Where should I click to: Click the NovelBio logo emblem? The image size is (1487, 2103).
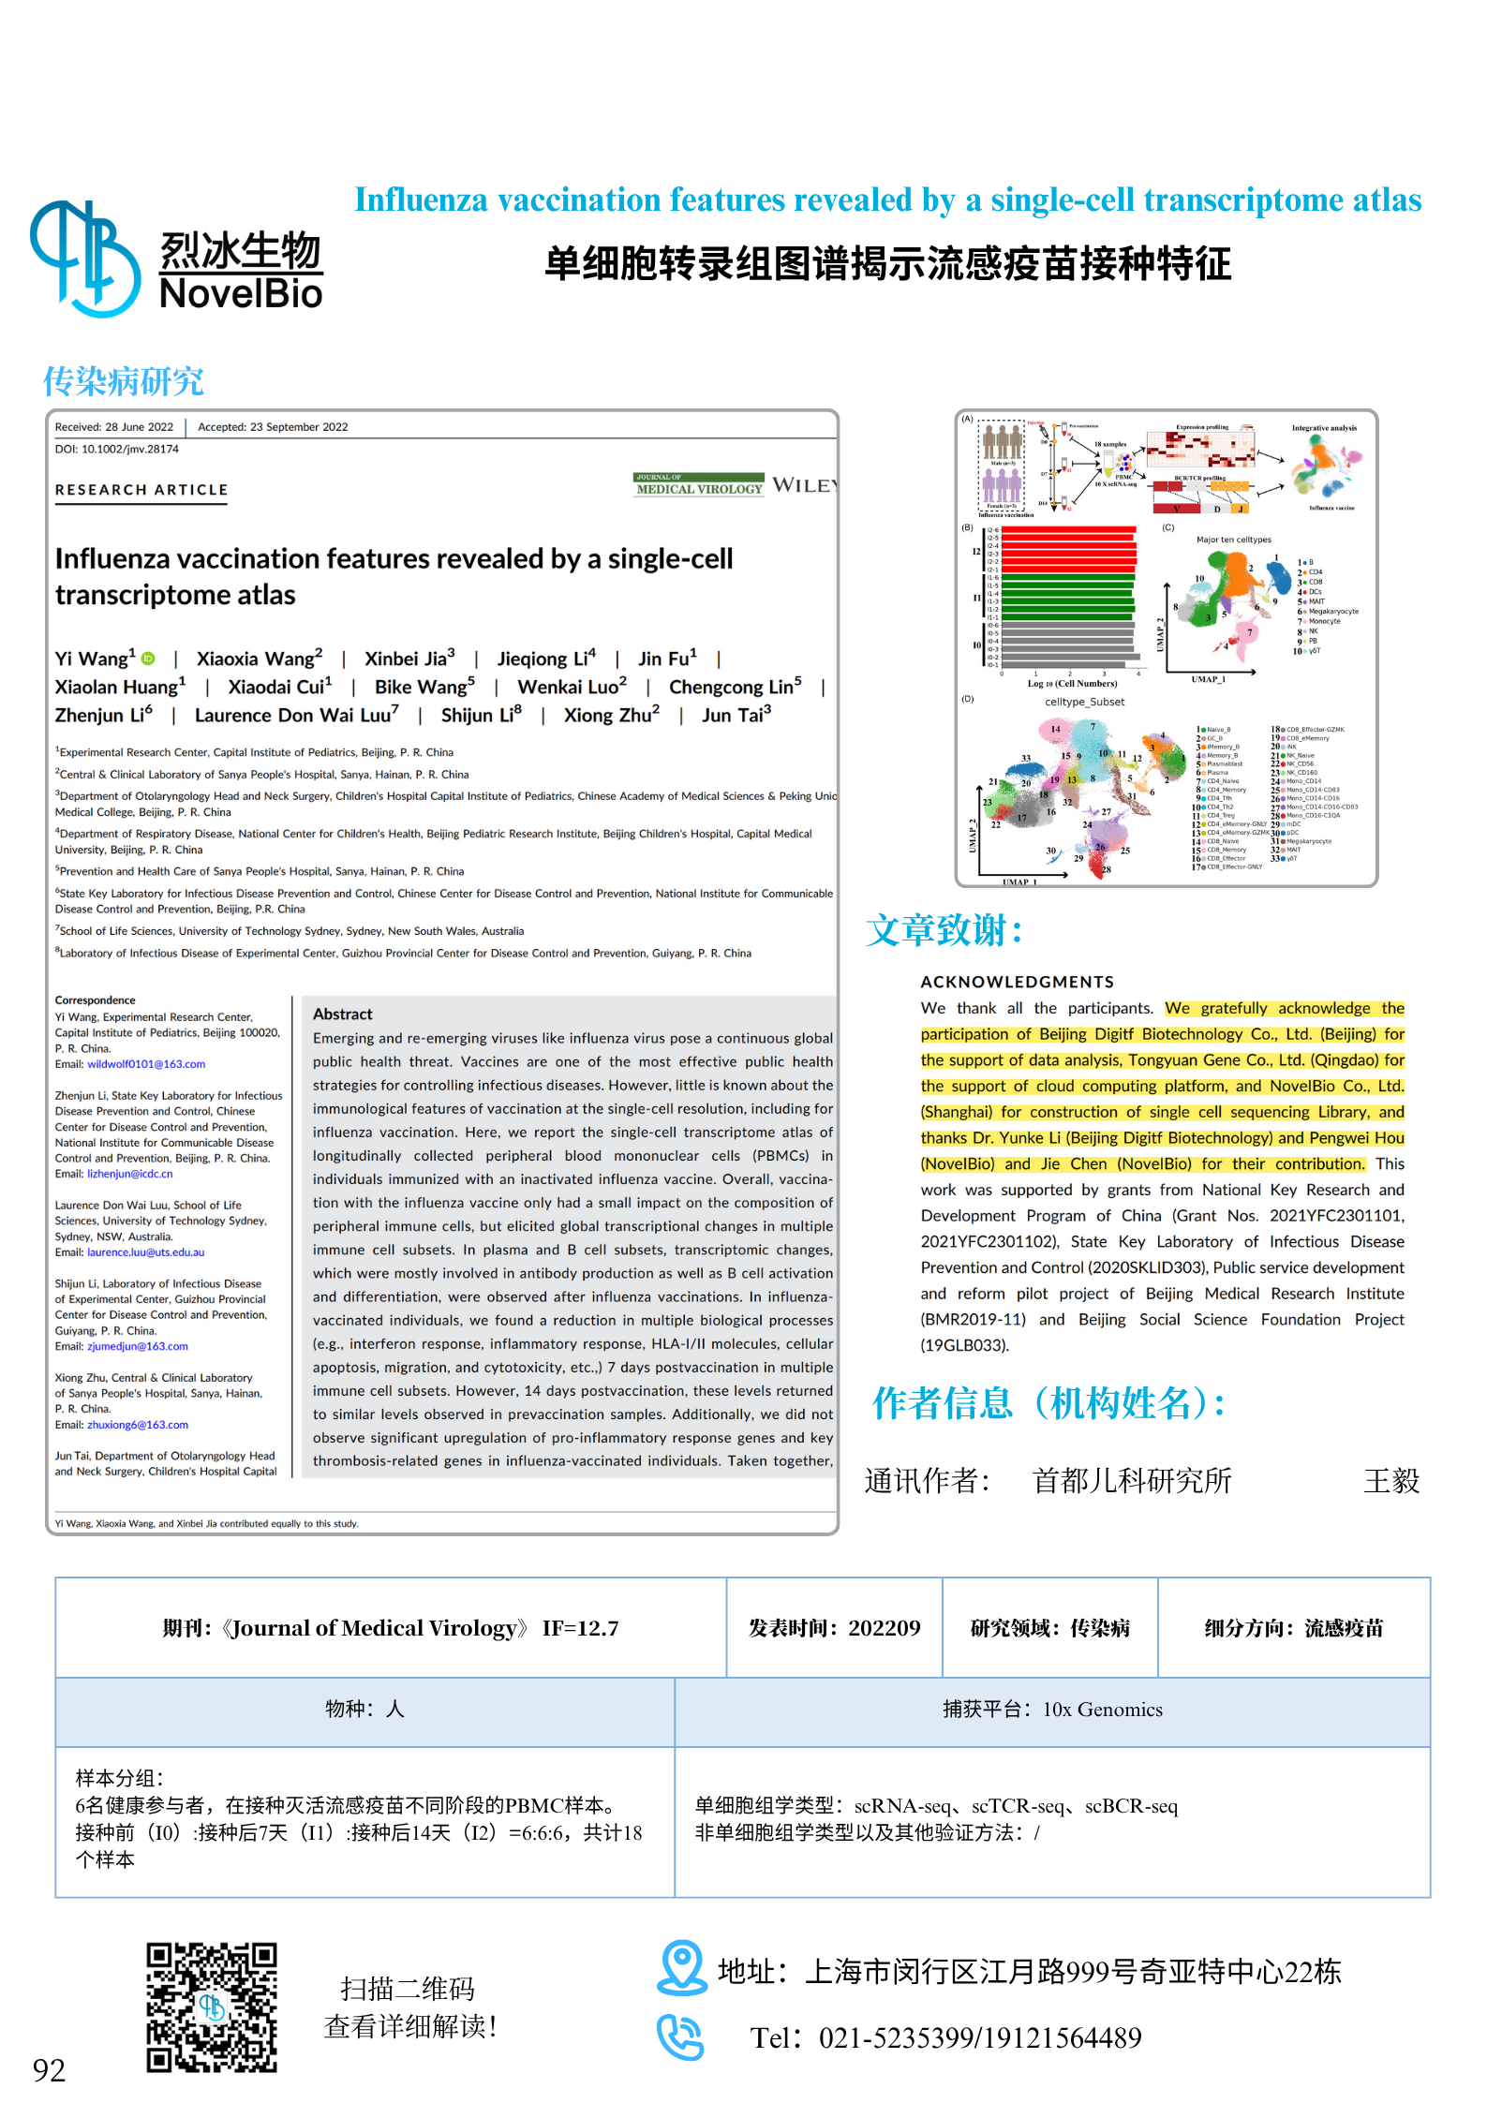84,259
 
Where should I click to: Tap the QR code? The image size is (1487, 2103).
212,2007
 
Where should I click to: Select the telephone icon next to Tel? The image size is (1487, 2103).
679,2036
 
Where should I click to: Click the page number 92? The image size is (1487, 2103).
49,2069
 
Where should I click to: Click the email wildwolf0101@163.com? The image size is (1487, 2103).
146,1064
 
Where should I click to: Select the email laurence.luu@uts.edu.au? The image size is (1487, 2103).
145,1252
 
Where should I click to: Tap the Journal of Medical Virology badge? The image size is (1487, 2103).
699,484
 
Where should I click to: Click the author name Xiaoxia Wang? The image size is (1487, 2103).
255,659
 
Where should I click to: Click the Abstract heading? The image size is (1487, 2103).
342,1014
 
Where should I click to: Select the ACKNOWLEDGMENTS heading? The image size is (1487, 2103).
1017,982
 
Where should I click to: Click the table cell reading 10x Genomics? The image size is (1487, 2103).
1052,1710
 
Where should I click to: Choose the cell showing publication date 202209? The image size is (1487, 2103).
834,1628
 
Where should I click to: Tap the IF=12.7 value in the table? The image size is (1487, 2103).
580,1628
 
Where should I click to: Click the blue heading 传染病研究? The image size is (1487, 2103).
123,381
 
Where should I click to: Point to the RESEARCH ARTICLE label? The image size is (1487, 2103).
141,490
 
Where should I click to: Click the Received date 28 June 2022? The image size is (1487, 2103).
114,427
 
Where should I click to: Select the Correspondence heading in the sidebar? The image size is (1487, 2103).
95,1000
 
